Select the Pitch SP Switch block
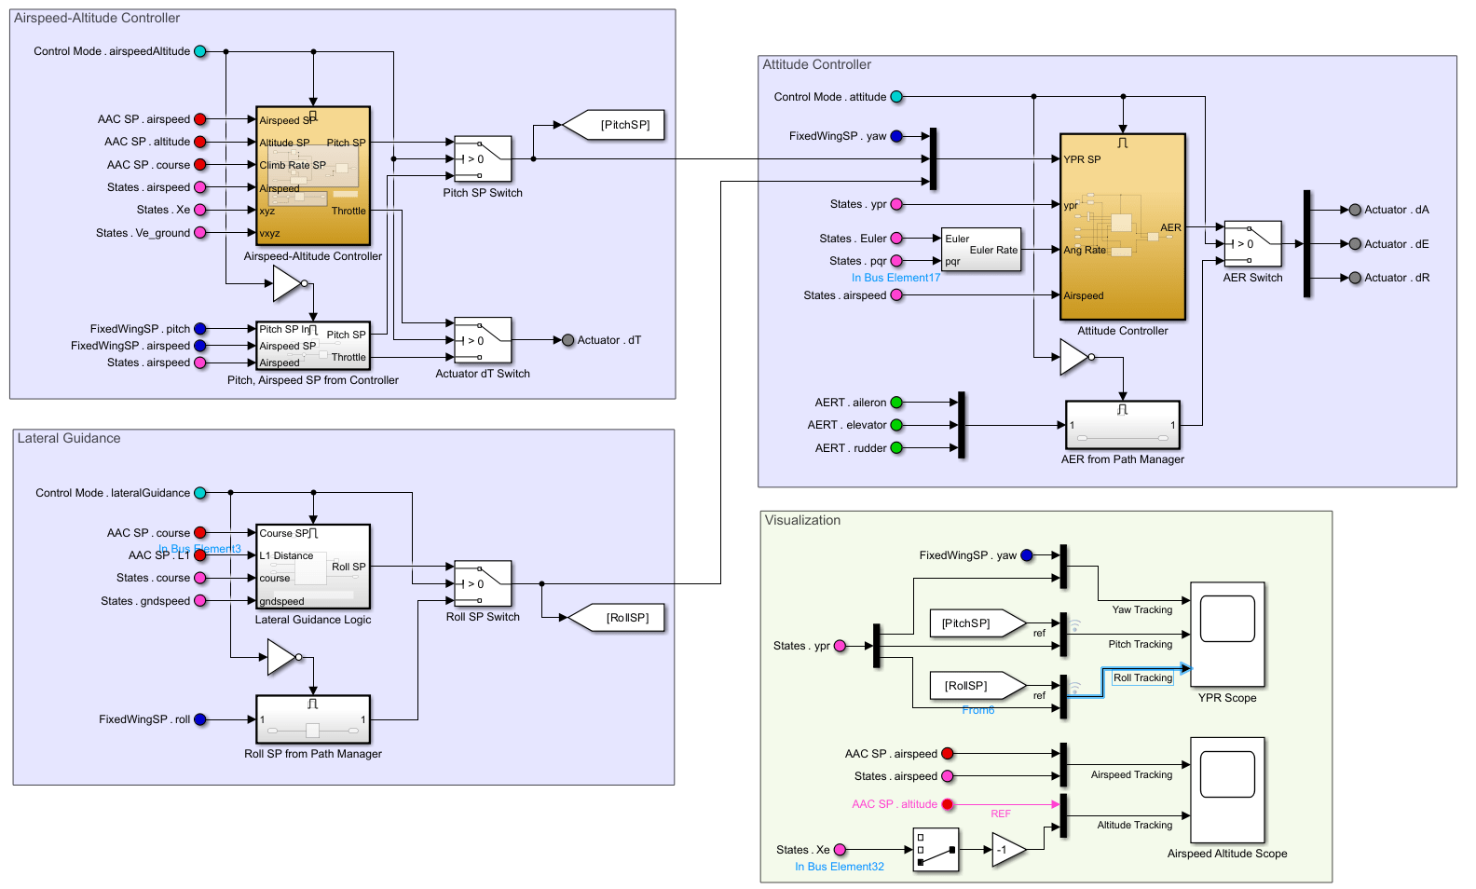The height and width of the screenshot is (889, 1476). coord(483,159)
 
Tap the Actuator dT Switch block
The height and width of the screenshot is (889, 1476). coord(483,340)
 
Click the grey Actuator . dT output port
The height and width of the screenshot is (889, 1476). coord(567,340)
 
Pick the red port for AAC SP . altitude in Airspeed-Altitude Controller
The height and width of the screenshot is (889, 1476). coord(199,142)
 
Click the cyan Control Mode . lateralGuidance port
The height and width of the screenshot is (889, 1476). coord(199,493)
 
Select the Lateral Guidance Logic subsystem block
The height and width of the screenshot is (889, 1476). coord(313,567)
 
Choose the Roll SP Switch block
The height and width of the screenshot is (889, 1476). coord(483,583)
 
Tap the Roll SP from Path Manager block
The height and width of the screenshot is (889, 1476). coord(313,719)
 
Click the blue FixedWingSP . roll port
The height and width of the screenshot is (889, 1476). coord(199,719)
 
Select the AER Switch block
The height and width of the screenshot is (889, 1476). coord(1252,244)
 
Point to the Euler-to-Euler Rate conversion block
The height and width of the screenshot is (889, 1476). coord(981,250)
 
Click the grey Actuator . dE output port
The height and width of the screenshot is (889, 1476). coord(1355,244)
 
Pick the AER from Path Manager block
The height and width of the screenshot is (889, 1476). coord(1123,425)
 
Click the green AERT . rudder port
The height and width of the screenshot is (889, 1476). coord(896,448)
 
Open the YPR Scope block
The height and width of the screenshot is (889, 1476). coord(1227,635)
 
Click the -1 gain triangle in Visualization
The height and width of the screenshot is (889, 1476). coord(1007,850)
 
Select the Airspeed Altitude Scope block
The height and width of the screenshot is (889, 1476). coord(1227,790)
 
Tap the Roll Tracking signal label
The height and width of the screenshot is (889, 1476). coord(1142,678)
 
